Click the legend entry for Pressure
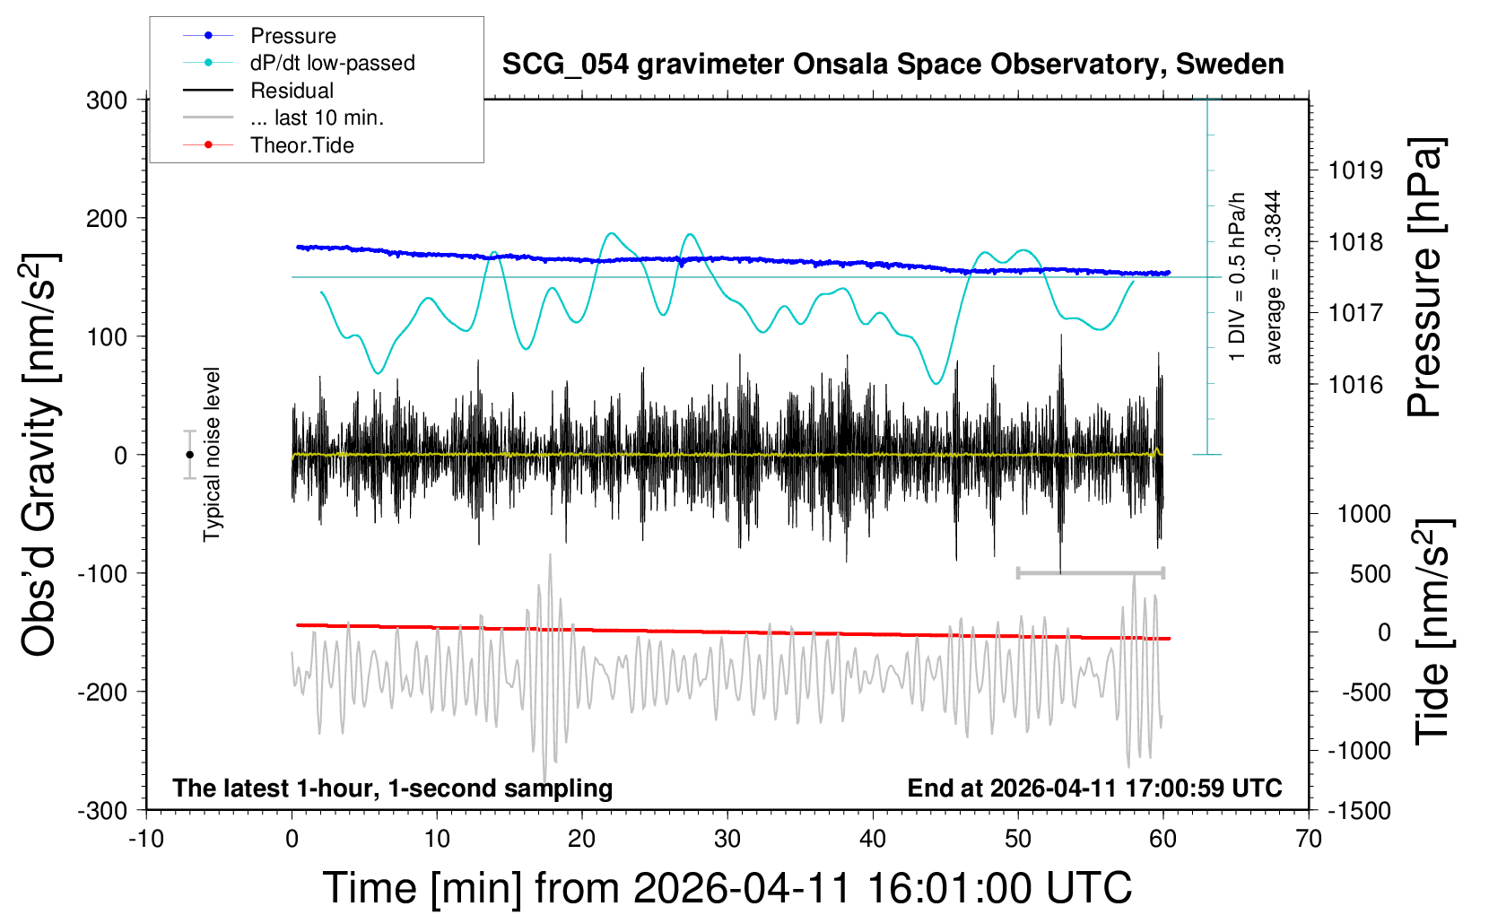[292, 36]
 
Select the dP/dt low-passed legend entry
[332, 63]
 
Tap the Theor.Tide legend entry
[301, 145]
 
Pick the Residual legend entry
[292, 91]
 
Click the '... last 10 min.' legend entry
[317, 118]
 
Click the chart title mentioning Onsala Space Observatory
[893, 65]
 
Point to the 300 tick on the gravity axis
[107, 100]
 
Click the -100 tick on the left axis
[102, 573]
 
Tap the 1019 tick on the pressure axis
[1355, 170]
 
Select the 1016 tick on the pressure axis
[1355, 385]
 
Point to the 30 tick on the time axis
[727, 840]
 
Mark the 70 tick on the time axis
[1309, 840]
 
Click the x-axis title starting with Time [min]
[727, 888]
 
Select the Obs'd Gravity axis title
[40, 455]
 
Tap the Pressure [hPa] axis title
[1425, 278]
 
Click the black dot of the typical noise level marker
[189, 455]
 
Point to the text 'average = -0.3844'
[1273, 277]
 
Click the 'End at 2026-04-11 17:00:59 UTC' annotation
[1094, 789]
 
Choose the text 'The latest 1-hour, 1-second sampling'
[393, 789]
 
